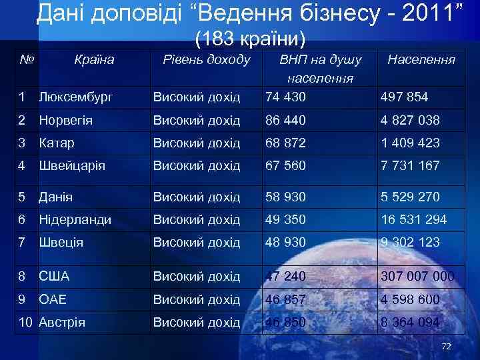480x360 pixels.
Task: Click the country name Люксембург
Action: (75, 97)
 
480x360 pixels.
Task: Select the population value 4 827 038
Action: (410, 121)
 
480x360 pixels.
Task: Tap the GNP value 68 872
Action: (286, 143)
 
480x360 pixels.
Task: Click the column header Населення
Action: (421, 59)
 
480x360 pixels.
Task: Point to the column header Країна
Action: (94, 59)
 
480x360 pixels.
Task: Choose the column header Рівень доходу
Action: (207, 59)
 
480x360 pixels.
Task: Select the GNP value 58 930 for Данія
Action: (286, 197)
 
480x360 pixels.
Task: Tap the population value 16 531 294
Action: (414, 219)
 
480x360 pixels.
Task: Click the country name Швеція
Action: (61, 242)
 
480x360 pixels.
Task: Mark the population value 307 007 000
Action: (417, 276)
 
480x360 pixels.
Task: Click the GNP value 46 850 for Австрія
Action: (286, 323)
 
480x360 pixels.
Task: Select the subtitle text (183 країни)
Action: (250, 39)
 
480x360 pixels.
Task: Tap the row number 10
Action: (25, 323)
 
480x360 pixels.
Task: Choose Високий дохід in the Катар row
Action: (197, 143)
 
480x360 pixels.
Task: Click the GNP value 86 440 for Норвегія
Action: (286, 121)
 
